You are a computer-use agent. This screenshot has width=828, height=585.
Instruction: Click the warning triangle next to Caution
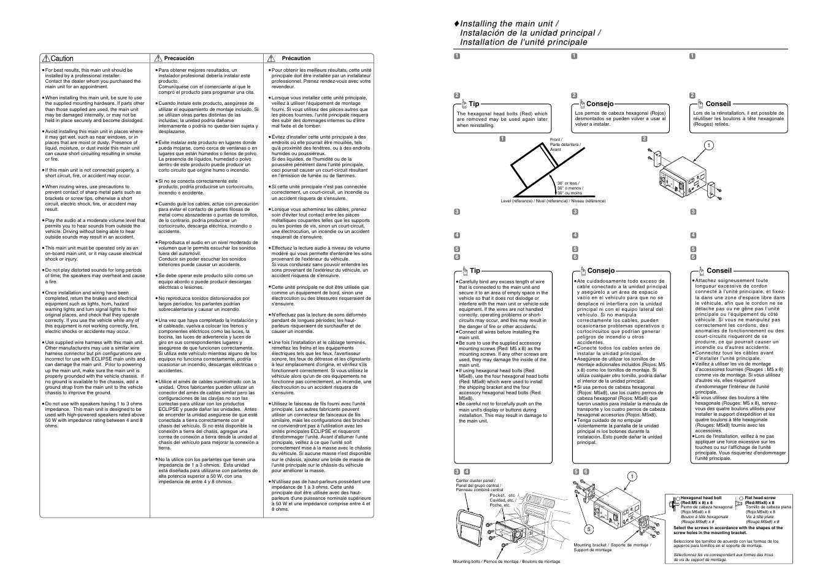click(45, 59)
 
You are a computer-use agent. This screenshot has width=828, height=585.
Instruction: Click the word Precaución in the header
click(178, 58)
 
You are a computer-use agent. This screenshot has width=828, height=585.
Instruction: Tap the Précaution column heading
click(296, 58)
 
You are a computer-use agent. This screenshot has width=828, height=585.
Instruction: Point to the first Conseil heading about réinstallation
click(718, 104)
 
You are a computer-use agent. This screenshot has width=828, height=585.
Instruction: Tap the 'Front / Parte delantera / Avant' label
click(565, 145)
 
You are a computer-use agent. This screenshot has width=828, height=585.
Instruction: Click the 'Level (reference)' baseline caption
click(553, 201)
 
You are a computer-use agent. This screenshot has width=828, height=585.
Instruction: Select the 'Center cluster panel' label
click(475, 481)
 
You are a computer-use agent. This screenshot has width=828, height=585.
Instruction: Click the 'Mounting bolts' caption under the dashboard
click(506, 562)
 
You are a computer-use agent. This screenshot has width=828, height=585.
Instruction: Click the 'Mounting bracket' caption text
click(611, 545)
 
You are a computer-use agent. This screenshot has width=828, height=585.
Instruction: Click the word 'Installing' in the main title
click(479, 24)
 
